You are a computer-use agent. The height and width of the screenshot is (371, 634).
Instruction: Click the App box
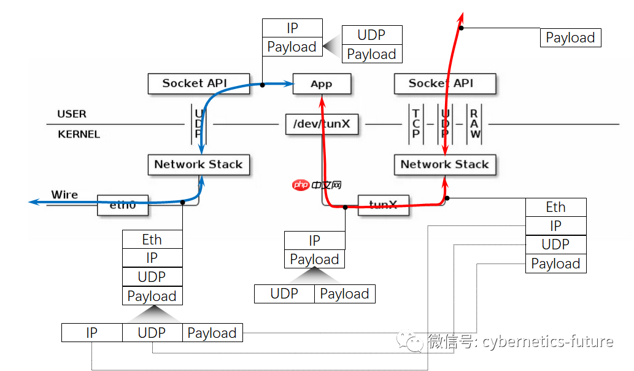322,84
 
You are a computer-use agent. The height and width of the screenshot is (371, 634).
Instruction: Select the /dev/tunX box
322,124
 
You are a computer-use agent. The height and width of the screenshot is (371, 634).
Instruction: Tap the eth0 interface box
123,205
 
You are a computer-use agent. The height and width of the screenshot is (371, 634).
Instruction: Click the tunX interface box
384,205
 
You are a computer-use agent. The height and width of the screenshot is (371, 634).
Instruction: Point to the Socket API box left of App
194,84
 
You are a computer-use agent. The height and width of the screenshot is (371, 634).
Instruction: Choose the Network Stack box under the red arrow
444,165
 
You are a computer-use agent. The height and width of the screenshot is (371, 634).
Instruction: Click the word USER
72,114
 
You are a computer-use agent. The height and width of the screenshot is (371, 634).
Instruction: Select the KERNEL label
79,134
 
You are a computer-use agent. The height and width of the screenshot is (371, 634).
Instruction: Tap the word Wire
64,195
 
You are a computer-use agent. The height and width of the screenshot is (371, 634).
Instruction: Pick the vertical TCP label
416,123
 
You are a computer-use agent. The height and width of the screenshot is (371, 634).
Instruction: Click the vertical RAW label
475,123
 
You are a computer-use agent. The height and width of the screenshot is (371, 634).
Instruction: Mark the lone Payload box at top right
570,38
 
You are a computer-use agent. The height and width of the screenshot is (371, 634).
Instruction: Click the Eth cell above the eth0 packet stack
152,240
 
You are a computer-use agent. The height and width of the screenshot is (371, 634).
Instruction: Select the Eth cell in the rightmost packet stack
555,207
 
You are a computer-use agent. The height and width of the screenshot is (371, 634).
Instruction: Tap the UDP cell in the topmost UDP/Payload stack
371,34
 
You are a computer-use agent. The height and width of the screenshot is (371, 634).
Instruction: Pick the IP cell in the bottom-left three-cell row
91,333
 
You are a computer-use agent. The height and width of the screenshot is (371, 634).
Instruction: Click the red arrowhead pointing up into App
322,98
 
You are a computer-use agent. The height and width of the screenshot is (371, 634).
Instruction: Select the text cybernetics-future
547,342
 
